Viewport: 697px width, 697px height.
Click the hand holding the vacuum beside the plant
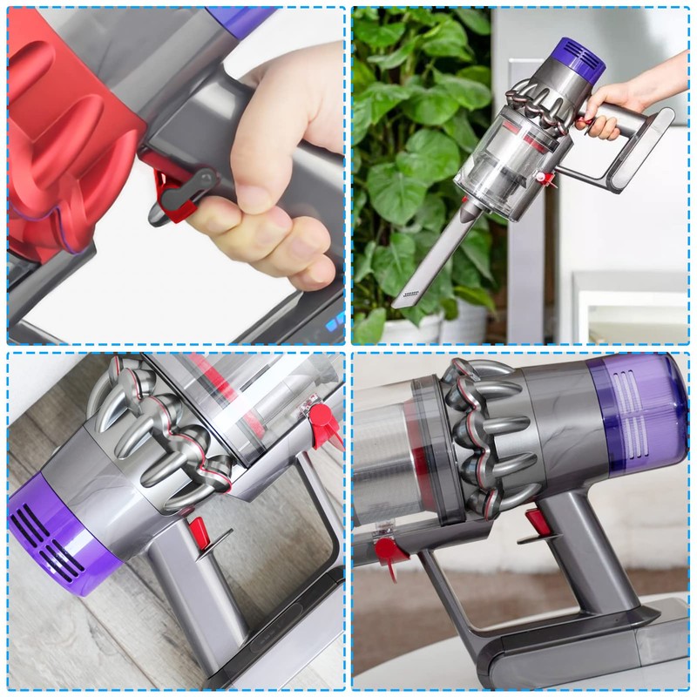[610, 113]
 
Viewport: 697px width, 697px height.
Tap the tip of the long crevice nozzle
[401, 301]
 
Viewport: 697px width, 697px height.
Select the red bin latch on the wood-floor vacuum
[324, 422]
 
